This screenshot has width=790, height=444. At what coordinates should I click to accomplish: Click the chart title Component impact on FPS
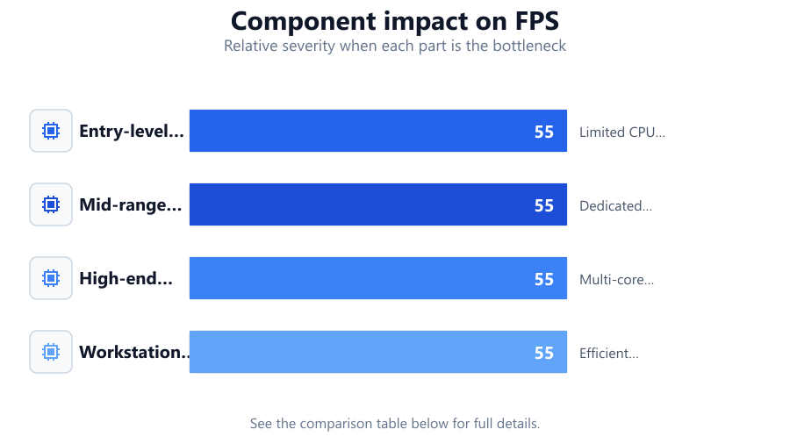pyautogui.click(x=395, y=21)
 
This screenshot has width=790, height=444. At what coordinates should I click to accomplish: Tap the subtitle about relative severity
pyautogui.click(x=395, y=46)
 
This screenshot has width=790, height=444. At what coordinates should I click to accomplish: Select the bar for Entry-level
pyautogui.click(x=377, y=131)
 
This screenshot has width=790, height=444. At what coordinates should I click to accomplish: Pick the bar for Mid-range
pyautogui.click(x=377, y=204)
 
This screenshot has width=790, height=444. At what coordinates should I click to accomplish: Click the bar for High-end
pyautogui.click(x=377, y=278)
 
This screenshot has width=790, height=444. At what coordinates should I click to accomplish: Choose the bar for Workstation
pyautogui.click(x=377, y=352)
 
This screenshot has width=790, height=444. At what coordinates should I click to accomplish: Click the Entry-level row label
pyautogui.click(x=132, y=131)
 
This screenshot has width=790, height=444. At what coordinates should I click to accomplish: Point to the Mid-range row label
pyautogui.click(x=131, y=204)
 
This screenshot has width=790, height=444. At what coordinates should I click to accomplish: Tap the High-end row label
pyautogui.click(x=126, y=278)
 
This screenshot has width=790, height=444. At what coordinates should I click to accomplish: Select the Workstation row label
pyautogui.click(x=134, y=352)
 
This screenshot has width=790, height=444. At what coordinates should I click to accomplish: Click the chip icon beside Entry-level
pyautogui.click(x=51, y=131)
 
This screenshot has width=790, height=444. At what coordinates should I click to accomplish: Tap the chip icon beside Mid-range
pyautogui.click(x=51, y=204)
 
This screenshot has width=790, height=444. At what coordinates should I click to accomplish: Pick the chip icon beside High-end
pyautogui.click(x=51, y=278)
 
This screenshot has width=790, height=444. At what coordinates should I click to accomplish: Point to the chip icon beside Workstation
pyautogui.click(x=51, y=352)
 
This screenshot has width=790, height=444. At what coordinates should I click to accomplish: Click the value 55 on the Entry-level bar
pyautogui.click(x=544, y=132)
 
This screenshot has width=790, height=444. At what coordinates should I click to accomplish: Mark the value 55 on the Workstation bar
pyautogui.click(x=544, y=353)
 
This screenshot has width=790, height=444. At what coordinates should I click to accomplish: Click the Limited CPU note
pyautogui.click(x=622, y=132)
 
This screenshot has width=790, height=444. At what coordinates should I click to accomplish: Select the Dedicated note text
pyautogui.click(x=615, y=206)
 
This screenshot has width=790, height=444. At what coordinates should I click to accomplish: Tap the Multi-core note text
pyautogui.click(x=617, y=279)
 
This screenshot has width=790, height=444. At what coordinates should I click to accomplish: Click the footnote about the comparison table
pyautogui.click(x=395, y=423)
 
